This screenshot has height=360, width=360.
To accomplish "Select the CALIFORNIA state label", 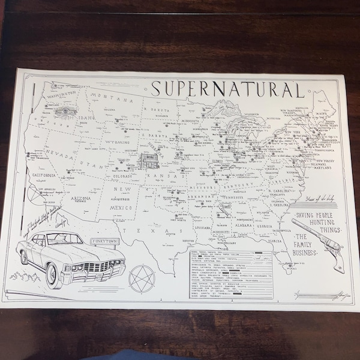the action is pos(40,175).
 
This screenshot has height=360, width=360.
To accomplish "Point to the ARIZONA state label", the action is pos(80,197).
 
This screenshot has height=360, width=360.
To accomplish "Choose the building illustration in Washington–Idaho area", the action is pos(60,110).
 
